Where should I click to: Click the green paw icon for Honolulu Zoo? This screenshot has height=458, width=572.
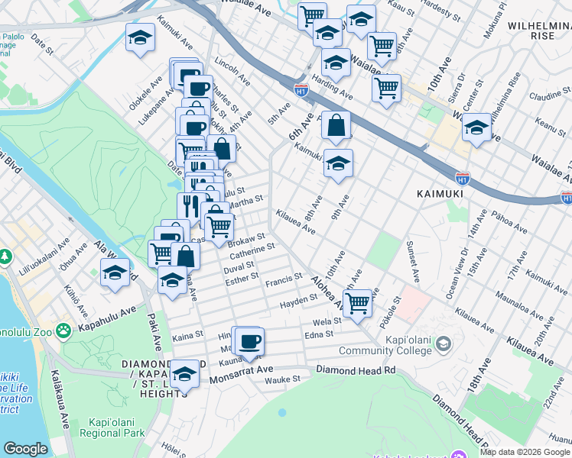[63, 331]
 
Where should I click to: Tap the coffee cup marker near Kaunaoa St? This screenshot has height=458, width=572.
[249, 340]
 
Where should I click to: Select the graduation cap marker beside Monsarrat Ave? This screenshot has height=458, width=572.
[184, 375]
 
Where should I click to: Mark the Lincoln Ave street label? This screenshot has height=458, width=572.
[233, 69]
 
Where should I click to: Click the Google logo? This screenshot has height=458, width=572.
[25, 449]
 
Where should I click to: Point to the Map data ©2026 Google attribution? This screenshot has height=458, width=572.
[525, 452]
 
